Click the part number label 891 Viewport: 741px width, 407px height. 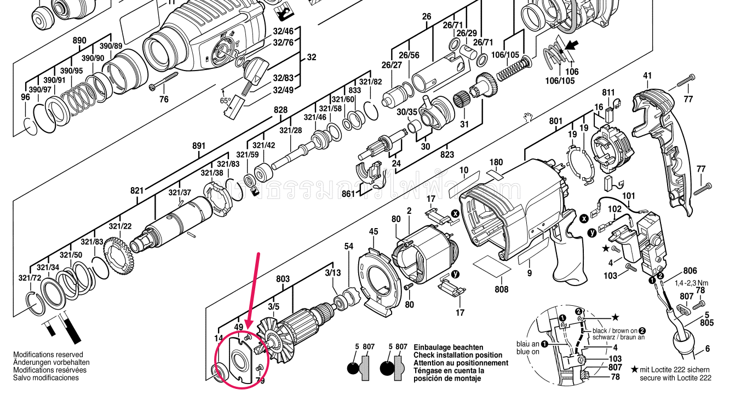[199, 146]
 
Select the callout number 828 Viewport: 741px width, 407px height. [280, 110]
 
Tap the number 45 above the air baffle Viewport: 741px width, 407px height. [373, 231]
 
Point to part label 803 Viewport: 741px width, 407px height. [283, 279]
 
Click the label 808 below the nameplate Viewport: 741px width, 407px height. [501, 289]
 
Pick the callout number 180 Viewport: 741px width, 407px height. [496, 162]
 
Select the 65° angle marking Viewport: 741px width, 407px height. [225, 101]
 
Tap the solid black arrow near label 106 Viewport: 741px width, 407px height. [572, 47]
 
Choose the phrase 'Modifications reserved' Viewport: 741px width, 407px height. [48, 355]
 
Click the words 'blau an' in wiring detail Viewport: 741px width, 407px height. [528, 344]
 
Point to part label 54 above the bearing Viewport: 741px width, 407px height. [349, 247]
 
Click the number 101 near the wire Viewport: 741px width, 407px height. [628, 195]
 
